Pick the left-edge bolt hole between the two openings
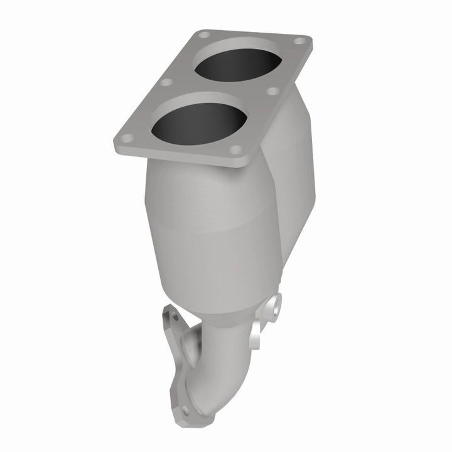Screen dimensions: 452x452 click(x=166, y=82)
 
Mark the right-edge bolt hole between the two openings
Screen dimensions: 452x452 click(x=273, y=91)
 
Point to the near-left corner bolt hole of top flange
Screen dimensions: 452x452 click(x=126, y=138)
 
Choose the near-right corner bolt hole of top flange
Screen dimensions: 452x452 click(x=236, y=150)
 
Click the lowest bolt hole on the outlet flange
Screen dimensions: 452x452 click(x=185, y=411)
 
